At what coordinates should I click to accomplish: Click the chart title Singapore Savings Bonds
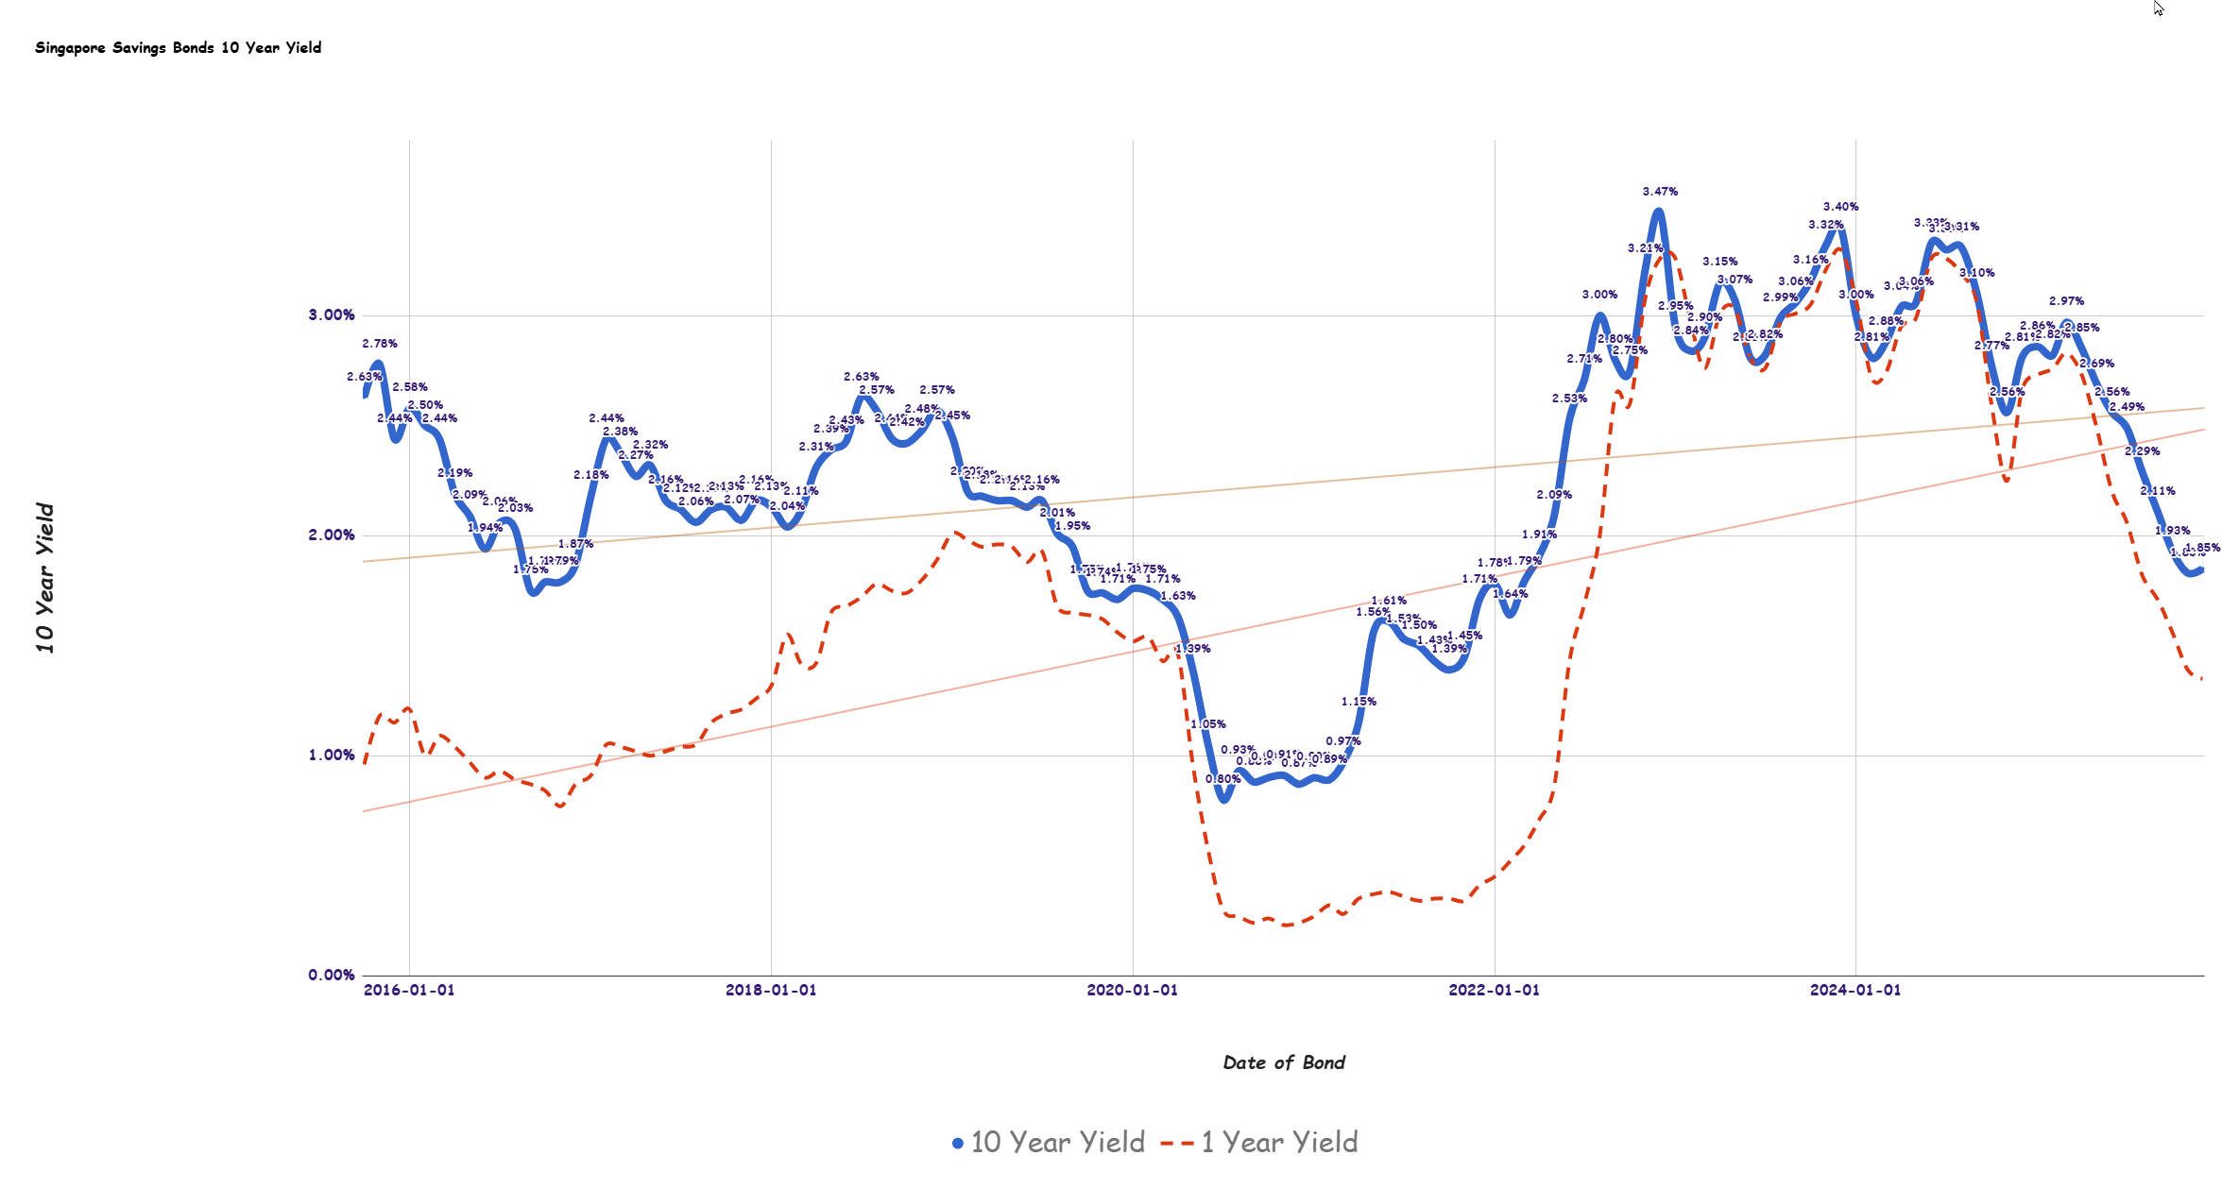[178, 48]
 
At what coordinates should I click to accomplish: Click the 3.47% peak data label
[1660, 192]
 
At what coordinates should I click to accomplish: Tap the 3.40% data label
[1840, 207]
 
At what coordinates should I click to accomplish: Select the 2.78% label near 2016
[380, 344]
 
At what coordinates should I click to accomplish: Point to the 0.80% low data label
[1222, 779]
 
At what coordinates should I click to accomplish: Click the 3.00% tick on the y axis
[332, 315]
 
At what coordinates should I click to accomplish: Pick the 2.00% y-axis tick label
[332, 535]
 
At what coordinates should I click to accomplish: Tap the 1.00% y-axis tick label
[332, 756]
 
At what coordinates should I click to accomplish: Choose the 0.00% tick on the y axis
[332, 976]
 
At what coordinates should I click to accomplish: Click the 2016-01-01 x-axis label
[409, 991]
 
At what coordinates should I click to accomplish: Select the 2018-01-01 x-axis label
[771, 991]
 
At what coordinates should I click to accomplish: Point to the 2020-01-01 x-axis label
[1133, 991]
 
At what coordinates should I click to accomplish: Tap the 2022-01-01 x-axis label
[1495, 991]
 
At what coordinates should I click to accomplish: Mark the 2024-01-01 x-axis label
[1855, 991]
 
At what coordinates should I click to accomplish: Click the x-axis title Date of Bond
[1284, 1063]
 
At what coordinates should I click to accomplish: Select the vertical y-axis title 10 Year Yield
[45, 578]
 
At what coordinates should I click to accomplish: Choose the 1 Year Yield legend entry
[1261, 1143]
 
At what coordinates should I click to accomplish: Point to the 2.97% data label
[2066, 301]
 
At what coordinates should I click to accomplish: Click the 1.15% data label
[1359, 702]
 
